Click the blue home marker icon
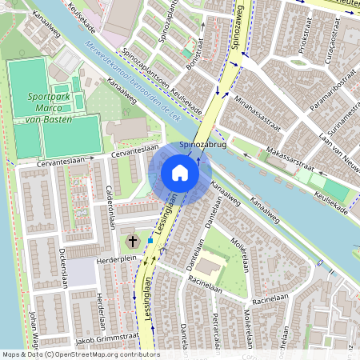click(x=180, y=173)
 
